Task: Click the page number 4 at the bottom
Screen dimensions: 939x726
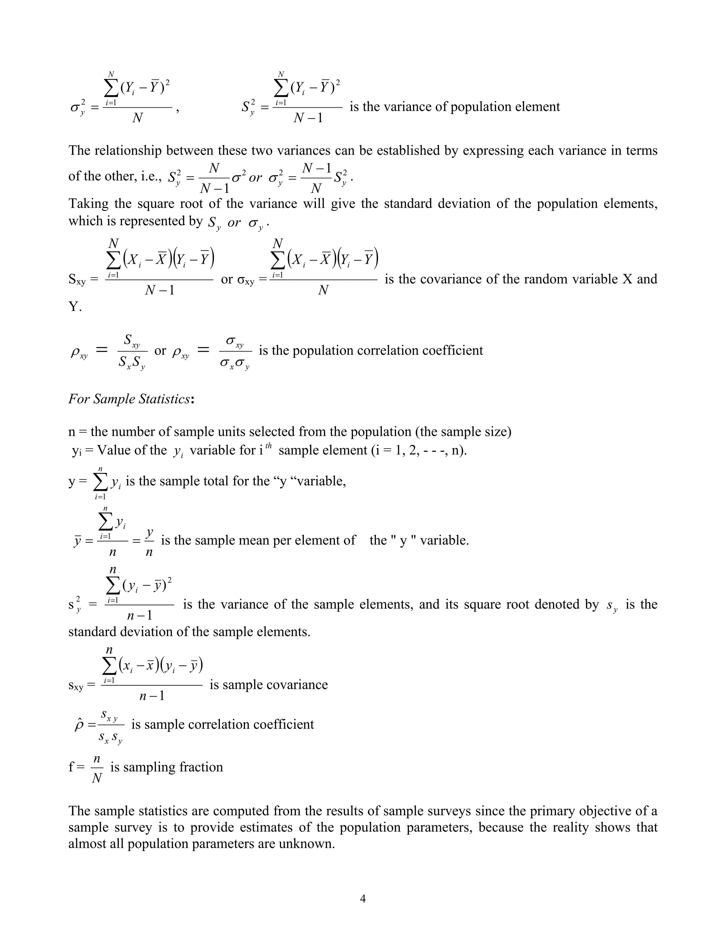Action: click(363, 899)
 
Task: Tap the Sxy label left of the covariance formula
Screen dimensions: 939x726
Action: click(77, 280)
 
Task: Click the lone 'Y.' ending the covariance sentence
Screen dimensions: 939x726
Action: click(75, 307)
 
